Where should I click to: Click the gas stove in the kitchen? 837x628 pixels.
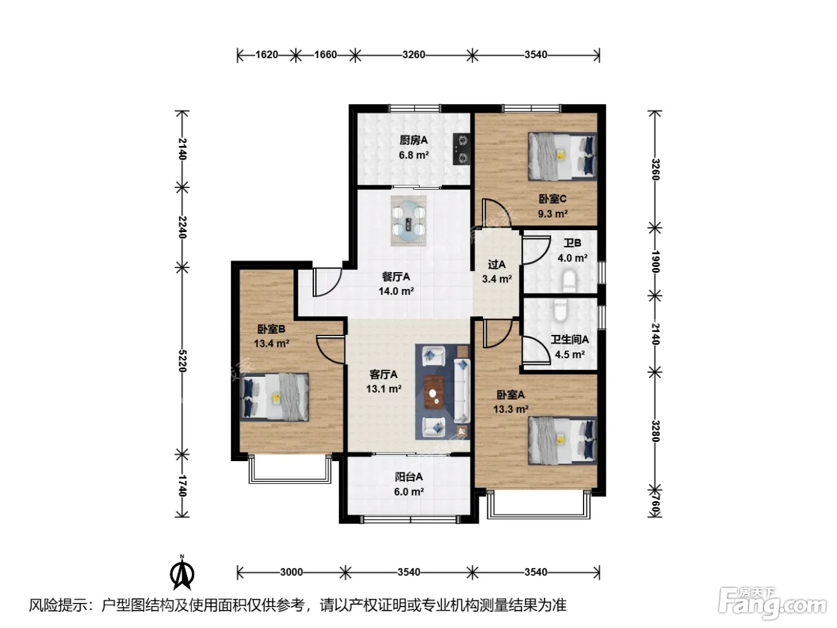[x=461, y=149]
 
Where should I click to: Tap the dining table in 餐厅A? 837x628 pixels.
[x=408, y=221]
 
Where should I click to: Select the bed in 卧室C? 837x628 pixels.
[x=562, y=156]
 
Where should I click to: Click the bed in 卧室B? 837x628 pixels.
[x=274, y=397]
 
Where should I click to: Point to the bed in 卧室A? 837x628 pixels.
[x=562, y=440]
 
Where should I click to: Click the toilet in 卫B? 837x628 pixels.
[x=569, y=281]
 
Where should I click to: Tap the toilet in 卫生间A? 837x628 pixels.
[x=560, y=310]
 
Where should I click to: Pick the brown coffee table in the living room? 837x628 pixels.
[x=434, y=392]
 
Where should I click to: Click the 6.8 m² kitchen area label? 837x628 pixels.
[x=414, y=155]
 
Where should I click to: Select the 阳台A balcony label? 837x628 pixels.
[x=408, y=477]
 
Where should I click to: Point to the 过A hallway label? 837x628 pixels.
[x=496, y=264]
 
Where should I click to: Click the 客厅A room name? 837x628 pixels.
[x=383, y=374]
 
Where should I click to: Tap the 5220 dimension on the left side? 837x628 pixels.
[x=182, y=361]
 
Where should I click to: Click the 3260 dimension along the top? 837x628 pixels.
[x=414, y=55]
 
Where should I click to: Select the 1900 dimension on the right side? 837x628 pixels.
[x=655, y=261]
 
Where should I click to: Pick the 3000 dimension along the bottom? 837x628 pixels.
[x=291, y=572]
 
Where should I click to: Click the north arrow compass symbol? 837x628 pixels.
[x=182, y=572]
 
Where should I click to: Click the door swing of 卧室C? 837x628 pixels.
[x=491, y=212]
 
